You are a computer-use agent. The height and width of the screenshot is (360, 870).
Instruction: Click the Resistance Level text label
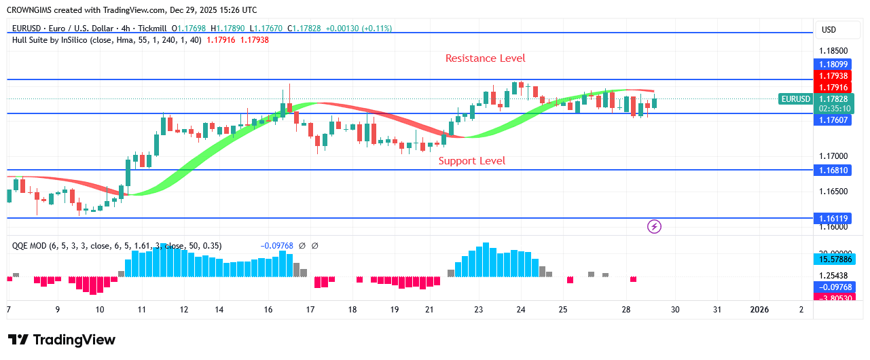coord(485,58)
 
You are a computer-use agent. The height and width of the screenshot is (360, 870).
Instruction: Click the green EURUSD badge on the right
coord(795,99)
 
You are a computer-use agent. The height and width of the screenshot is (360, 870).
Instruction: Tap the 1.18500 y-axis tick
coord(833,51)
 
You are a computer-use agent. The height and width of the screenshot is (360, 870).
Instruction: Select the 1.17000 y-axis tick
coord(833,156)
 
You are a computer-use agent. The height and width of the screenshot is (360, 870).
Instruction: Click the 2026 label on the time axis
coord(759,310)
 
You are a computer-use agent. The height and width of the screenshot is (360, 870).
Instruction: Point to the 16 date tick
coord(268,310)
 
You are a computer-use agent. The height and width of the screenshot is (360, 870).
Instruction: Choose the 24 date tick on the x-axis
coord(521,310)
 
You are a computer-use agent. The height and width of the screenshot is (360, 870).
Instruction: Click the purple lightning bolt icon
coord(654,226)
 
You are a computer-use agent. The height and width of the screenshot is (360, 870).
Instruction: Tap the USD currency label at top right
coord(829,30)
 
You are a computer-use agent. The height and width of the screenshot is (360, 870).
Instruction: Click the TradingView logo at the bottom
coord(62,340)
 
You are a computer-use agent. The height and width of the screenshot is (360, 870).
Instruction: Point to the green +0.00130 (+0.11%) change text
coord(359,29)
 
